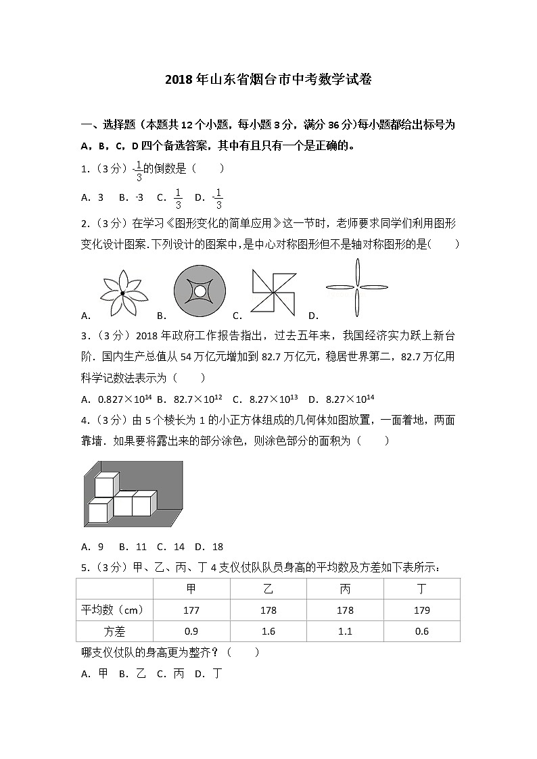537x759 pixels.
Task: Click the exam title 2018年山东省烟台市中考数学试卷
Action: coord(268,80)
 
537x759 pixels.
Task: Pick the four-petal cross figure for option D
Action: coord(357,288)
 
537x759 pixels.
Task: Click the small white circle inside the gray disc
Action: coord(200,291)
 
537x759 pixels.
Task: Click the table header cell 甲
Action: coord(191,589)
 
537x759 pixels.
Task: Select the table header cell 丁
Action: coord(421,589)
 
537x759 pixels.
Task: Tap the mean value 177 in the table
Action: coord(191,610)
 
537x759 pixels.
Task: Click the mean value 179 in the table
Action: coord(421,610)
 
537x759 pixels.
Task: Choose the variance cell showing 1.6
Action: coord(268,631)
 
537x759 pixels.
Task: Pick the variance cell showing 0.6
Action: coord(421,631)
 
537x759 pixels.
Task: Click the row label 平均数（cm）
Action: coord(114,610)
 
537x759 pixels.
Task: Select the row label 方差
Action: coord(114,631)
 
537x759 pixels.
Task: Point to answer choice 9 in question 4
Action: coord(100,547)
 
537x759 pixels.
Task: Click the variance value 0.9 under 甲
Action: coord(191,631)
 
